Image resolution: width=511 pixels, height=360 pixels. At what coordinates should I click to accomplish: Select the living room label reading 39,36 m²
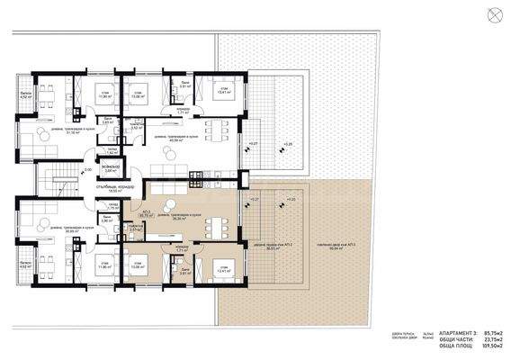tap(170, 216)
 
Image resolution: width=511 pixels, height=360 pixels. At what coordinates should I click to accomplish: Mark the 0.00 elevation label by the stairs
tap(88, 169)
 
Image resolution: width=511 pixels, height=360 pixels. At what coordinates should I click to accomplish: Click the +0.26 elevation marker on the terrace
tap(288, 143)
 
